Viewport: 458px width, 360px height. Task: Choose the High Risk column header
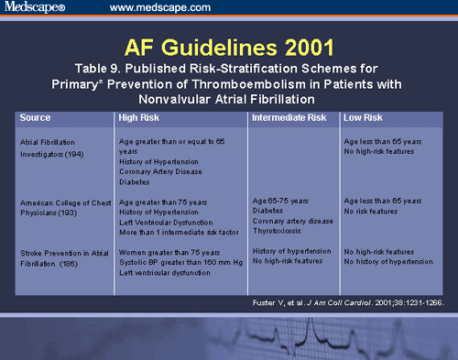(139, 118)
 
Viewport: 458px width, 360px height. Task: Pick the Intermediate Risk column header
(289, 118)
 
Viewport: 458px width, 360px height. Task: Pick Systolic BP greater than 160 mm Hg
(175, 260)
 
